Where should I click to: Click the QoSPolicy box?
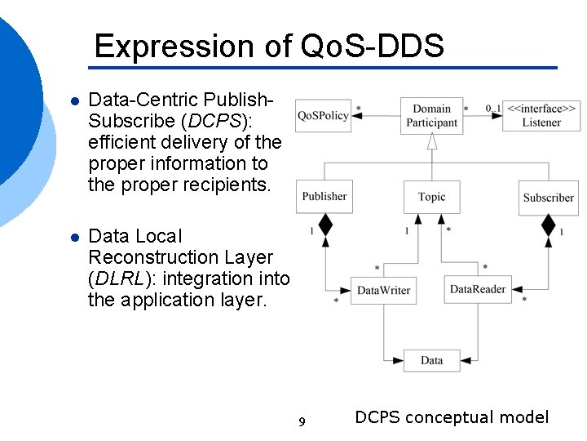tap(323, 115)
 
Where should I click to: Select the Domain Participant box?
tap(431, 115)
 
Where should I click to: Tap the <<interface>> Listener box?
tap(541, 115)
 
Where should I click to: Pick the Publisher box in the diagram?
tap(324, 196)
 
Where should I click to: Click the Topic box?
tap(431, 197)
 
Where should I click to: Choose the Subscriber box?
tap(548, 197)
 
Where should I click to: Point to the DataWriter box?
tap(383, 290)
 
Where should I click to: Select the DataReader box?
tap(478, 289)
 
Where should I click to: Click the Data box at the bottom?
tap(431, 360)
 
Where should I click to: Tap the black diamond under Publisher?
tap(325, 224)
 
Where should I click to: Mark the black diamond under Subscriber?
tap(548, 225)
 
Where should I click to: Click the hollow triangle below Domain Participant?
tap(432, 141)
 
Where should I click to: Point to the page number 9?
tap(302, 422)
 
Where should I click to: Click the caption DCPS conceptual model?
tap(452, 417)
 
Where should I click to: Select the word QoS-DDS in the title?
tap(373, 46)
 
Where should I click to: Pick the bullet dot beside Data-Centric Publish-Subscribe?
tap(73, 102)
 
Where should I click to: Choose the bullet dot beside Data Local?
tap(73, 238)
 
